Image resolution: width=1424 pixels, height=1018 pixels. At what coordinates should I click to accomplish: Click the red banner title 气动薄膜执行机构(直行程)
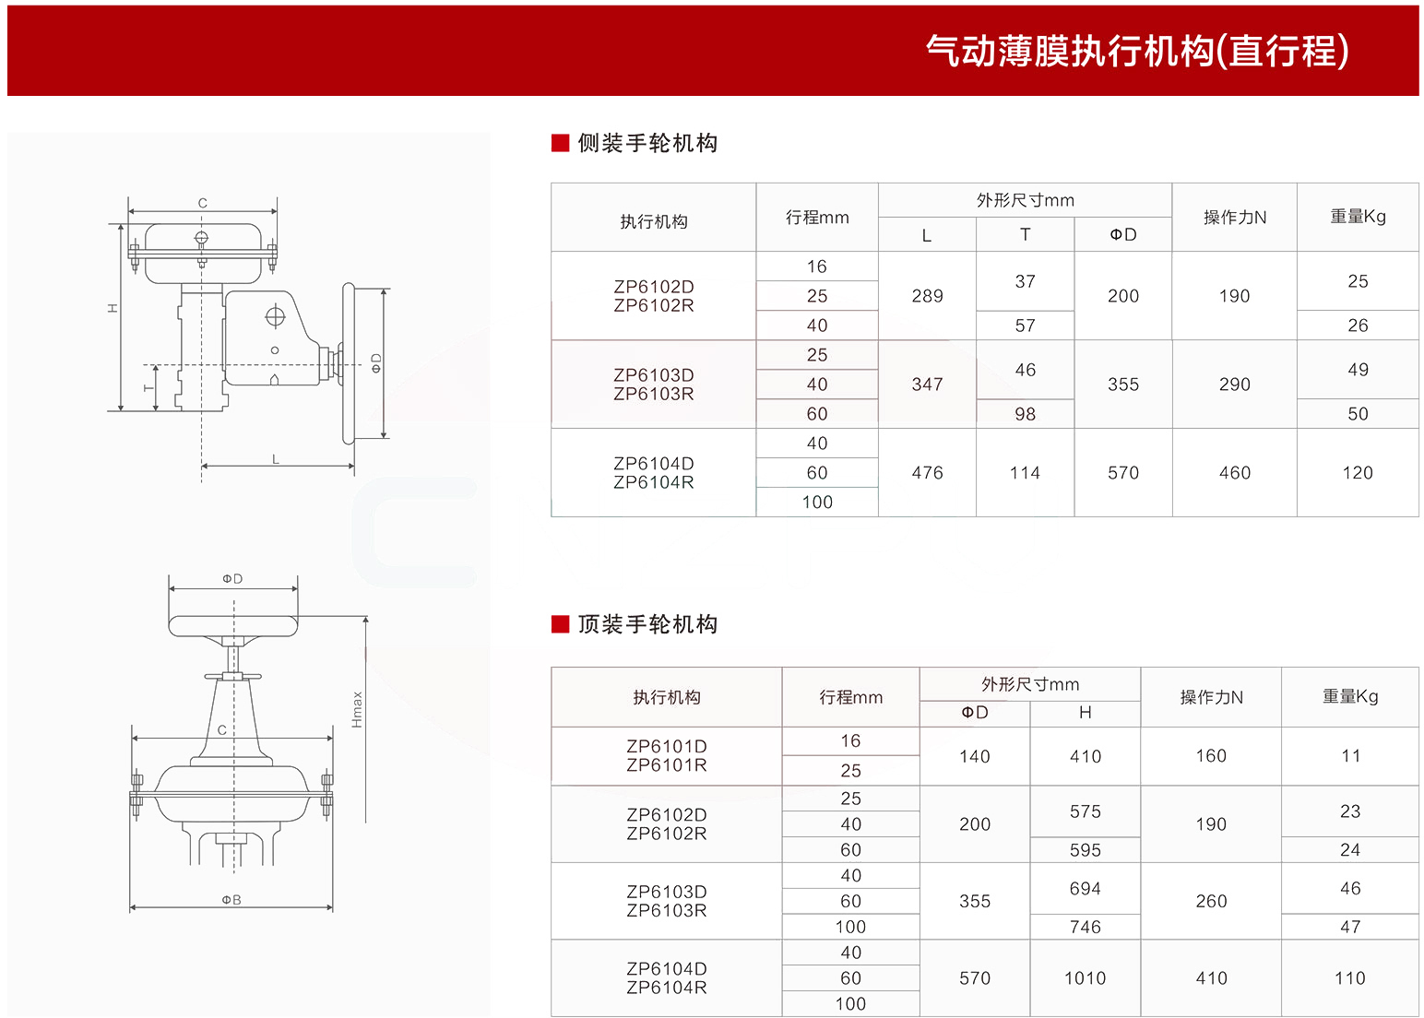coord(1137,50)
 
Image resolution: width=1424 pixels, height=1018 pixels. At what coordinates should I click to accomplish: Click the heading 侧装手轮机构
coord(647,143)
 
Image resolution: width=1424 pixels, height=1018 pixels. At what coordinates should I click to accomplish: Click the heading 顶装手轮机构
coord(647,624)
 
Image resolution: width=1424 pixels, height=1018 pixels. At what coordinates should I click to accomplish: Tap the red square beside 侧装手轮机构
coord(560,143)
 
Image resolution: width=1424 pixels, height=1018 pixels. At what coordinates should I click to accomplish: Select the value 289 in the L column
coord(928,295)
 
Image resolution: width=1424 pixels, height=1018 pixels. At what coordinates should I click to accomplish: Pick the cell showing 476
coord(928,473)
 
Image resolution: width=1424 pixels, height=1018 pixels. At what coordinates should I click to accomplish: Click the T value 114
coord(1025,473)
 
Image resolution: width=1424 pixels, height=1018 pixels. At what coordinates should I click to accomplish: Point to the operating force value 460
coord(1235,473)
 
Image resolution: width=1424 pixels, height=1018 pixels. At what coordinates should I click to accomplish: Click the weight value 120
coord(1358,473)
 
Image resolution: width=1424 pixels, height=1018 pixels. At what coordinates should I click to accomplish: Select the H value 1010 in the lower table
coord(1086,978)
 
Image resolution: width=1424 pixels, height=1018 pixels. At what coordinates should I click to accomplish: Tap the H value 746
coord(1086,927)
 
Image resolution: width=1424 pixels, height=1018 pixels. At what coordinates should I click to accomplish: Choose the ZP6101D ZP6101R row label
coord(666,755)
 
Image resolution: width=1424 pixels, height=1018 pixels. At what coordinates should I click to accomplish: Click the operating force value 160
coord(1211,756)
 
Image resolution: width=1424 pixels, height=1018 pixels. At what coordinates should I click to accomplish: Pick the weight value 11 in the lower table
coord(1350,756)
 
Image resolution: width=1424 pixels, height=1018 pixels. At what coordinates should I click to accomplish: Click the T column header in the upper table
coord(1025,235)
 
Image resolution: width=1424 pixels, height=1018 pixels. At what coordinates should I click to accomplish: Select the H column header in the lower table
coord(1086,713)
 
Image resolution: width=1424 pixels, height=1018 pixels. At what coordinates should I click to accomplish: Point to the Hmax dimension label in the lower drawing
coord(357,709)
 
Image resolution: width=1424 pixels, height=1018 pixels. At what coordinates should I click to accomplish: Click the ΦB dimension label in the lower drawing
coord(231,900)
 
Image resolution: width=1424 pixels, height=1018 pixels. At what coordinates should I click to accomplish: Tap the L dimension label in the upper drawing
coord(275,459)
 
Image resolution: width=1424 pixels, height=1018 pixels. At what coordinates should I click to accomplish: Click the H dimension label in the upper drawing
coord(113,308)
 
